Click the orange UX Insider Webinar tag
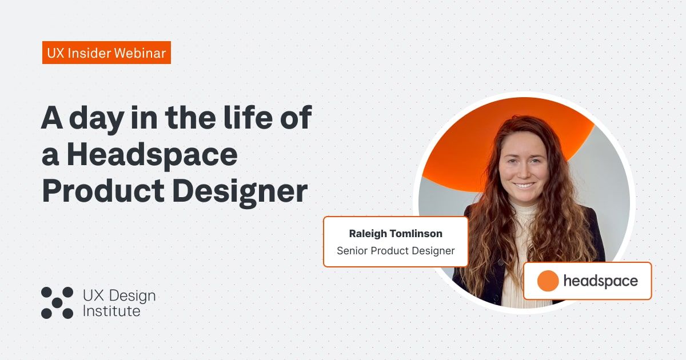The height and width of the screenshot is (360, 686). click(x=106, y=53)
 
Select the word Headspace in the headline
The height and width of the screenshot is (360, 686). click(x=151, y=155)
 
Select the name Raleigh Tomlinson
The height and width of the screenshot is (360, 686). click(x=396, y=234)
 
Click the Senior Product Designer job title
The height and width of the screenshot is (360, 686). click(x=396, y=250)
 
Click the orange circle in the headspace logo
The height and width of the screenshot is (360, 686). click(x=548, y=281)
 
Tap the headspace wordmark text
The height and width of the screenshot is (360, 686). click(x=600, y=281)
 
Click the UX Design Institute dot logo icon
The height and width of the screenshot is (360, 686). click(x=57, y=302)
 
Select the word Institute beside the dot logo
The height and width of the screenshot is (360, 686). click(x=111, y=311)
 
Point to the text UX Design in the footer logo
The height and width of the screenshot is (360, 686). click(x=119, y=295)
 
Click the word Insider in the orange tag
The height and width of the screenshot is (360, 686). click(x=90, y=53)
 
